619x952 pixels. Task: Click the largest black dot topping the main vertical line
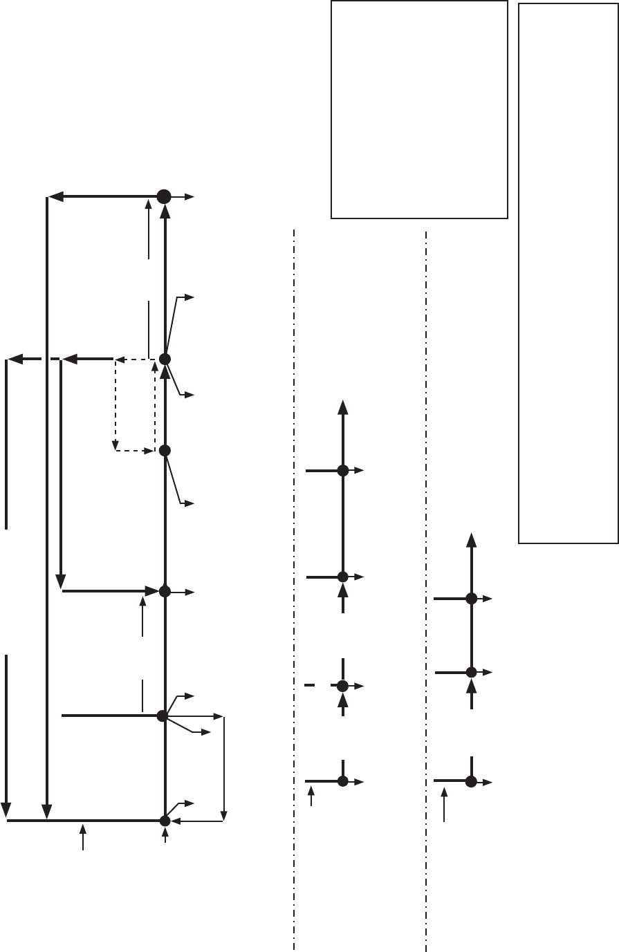click(x=164, y=197)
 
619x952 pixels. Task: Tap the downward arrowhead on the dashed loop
click(x=116, y=445)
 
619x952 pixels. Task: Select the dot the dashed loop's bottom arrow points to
click(x=165, y=450)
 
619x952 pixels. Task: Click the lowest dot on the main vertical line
click(x=165, y=821)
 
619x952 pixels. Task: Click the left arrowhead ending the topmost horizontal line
click(x=55, y=196)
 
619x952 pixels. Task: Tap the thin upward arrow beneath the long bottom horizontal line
click(x=83, y=837)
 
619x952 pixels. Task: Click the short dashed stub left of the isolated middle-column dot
click(x=309, y=685)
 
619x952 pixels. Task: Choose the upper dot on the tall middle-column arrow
click(x=342, y=471)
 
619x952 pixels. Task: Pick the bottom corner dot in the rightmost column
click(x=471, y=781)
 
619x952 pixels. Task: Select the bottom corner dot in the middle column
click(x=342, y=781)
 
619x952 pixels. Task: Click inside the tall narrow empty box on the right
click(x=568, y=277)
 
